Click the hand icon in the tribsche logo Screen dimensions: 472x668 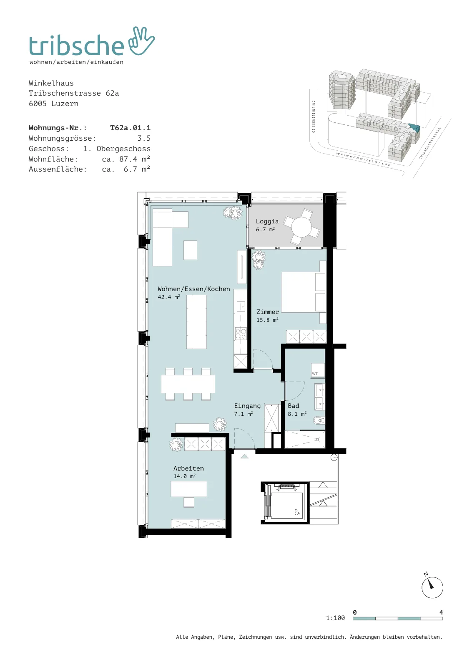coord(141,42)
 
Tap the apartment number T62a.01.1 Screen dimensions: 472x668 coord(130,128)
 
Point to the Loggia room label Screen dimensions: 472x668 coord(267,221)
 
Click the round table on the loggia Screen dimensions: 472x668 coord(301,227)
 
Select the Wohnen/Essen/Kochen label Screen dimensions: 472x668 coord(194,288)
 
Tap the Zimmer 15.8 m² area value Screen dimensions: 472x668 coord(267,320)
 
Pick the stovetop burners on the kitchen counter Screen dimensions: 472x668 coord(241,334)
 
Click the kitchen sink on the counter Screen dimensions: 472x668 coord(241,306)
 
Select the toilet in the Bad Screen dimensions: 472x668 coord(319,421)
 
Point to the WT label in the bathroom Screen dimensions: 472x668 coord(315,374)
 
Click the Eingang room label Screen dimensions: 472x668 coord(247,405)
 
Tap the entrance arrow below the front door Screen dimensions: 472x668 coord(244,456)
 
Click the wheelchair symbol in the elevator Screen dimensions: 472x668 coord(296,512)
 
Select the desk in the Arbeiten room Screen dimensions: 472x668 coord(189,489)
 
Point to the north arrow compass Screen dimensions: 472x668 coord(432,587)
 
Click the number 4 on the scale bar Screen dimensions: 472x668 coord(441,612)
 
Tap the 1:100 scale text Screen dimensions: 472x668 coord(335,618)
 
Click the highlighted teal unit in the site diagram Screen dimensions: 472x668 coord(414,128)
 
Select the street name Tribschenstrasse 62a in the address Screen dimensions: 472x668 coord(74,94)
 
